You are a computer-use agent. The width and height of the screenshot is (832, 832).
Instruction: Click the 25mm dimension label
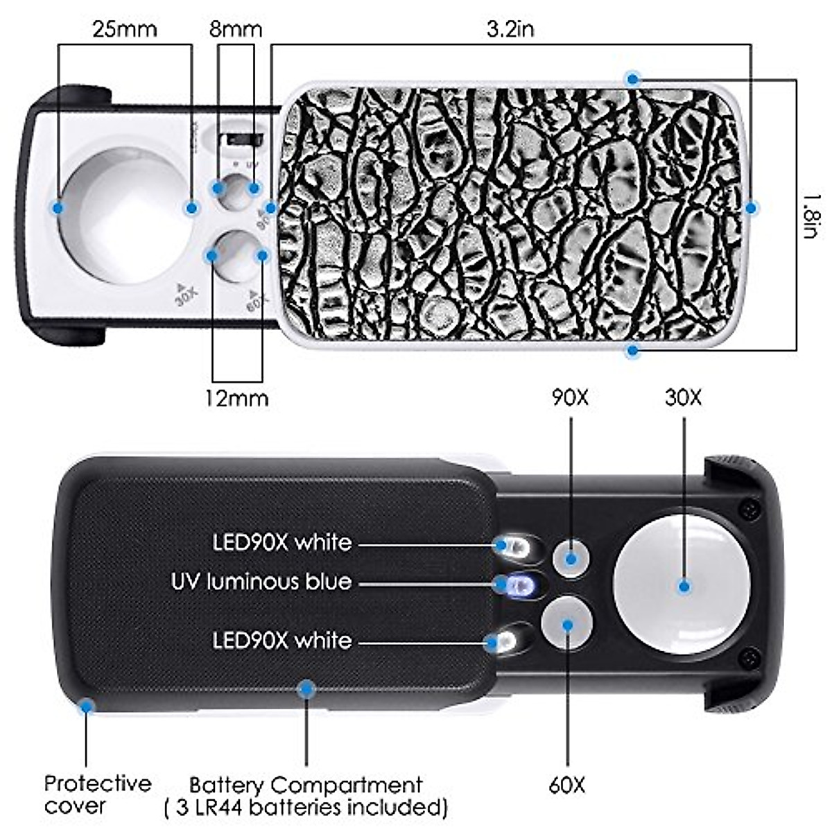point(125,30)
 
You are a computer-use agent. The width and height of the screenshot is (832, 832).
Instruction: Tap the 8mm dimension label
point(236,30)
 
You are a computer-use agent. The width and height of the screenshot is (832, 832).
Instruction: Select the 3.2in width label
point(510,29)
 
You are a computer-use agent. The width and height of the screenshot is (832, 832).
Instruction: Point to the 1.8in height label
point(811,215)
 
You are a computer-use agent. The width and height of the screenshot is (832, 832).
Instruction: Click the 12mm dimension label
point(236,398)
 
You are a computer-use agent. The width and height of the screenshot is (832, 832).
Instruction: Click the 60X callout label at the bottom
point(567,785)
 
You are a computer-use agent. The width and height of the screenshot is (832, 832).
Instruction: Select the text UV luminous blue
point(261,582)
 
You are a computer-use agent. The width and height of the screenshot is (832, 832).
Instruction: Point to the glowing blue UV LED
point(519,587)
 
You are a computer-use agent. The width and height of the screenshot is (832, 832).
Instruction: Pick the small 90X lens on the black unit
point(571,559)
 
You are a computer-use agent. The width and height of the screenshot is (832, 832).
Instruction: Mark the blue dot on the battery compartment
point(306,688)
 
